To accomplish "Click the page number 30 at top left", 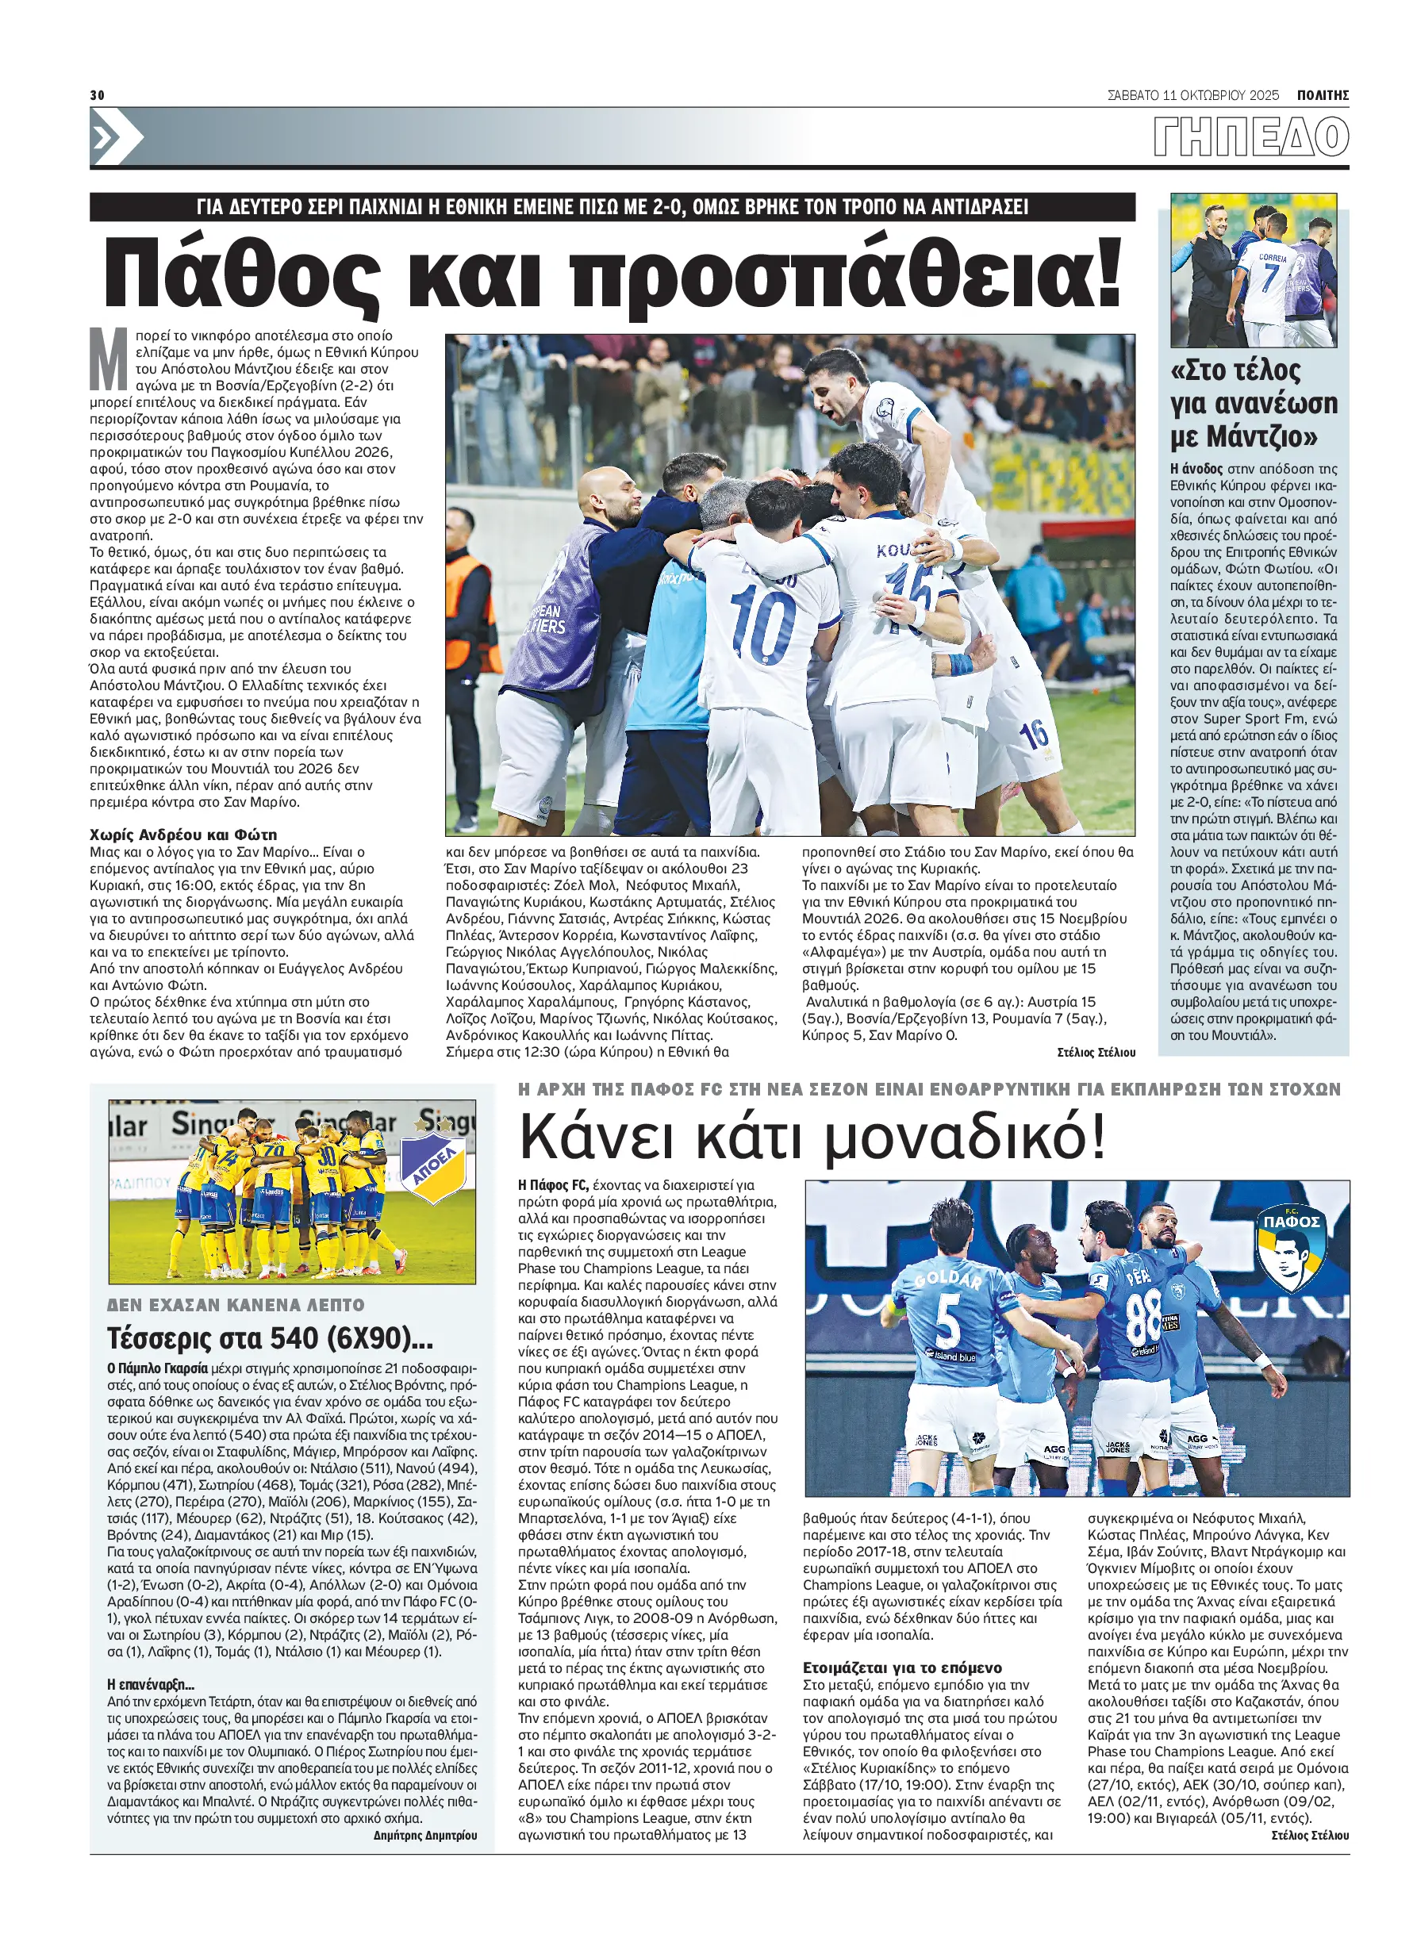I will coord(97,95).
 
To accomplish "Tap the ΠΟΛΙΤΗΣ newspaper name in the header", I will coord(1323,95).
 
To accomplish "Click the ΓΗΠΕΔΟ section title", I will coord(1250,137).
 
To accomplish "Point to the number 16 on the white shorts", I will coord(1034,732).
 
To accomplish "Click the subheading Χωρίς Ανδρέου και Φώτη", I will coord(183,835).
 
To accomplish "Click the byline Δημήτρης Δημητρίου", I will coord(424,1835).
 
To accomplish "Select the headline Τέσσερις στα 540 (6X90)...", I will coord(271,1338).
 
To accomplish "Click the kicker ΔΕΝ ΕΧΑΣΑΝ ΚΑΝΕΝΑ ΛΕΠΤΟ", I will coord(236,1304).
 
